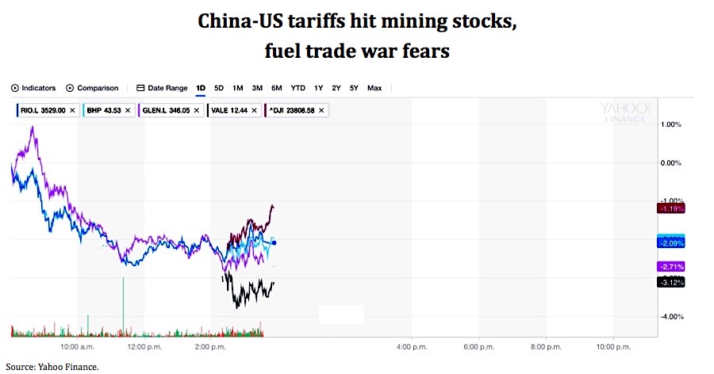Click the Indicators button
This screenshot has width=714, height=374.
33,88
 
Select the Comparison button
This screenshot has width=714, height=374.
92,88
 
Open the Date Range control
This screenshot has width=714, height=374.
162,88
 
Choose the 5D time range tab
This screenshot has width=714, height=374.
219,88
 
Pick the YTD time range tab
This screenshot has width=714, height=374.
297,88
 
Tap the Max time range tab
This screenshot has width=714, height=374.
374,88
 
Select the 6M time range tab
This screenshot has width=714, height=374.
276,88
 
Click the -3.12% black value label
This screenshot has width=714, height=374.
670,282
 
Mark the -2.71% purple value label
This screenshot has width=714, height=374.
670,266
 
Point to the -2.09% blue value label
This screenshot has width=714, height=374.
670,242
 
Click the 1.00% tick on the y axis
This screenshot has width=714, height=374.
671,124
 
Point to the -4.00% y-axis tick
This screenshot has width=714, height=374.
671,317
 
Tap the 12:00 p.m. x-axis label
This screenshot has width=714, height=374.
144,347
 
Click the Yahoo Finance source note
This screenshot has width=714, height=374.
52,366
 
